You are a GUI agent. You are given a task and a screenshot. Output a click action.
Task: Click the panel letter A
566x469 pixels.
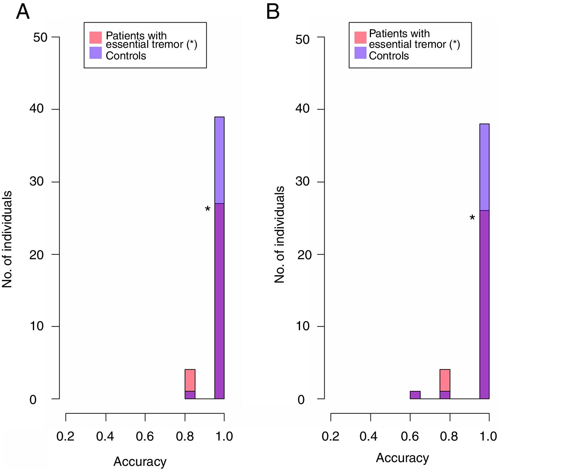click(23, 12)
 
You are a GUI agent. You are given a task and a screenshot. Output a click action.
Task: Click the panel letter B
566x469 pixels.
click(273, 12)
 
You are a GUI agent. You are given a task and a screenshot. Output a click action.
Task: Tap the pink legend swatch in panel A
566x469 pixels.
click(95, 38)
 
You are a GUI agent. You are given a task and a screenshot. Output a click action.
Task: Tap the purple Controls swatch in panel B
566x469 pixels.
click(360, 53)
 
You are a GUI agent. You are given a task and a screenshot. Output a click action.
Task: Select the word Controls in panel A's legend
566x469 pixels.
click(126, 56)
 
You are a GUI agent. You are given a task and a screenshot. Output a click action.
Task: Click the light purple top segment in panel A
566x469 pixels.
click(219, 160)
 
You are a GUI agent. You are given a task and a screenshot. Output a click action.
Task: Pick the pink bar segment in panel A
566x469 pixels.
click(190, 380)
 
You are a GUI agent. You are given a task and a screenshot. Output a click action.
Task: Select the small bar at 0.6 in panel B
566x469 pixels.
click(415, 395)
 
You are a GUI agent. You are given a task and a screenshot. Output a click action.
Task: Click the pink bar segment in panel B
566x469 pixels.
click(445, 380)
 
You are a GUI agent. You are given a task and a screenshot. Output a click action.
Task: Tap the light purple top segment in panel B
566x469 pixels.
click(484, 167)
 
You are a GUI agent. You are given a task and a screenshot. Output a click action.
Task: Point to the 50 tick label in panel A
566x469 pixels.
click(40, 38)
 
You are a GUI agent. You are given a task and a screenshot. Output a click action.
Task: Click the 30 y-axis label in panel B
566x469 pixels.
click(302, 181)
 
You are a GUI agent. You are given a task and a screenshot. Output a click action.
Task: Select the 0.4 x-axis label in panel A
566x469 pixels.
click(105, 436)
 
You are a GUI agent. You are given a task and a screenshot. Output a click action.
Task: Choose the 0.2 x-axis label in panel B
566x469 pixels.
click(330, 436)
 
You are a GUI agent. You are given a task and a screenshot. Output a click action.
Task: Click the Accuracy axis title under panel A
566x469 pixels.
click(140, 461)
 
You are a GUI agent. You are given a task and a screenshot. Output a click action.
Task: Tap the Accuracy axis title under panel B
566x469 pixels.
click(402, 458)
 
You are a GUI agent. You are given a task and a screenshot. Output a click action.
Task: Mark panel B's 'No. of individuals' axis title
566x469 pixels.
click(279, 234)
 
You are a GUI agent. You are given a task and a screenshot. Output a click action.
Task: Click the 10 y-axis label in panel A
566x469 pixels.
click(37, 326)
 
